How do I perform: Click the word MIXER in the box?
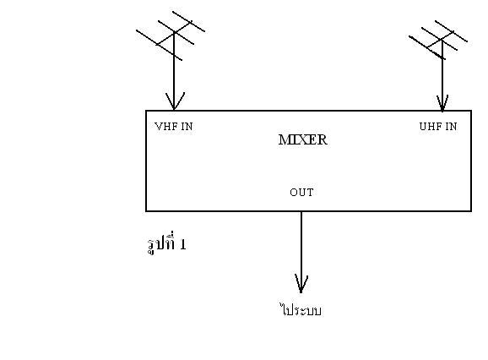point(303,139)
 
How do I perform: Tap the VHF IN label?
point(174,127)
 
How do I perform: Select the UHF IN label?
point(438,127)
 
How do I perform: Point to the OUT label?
point(301,193)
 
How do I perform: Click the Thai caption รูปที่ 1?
point(167,243)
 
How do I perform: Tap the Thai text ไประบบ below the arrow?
point(301,310)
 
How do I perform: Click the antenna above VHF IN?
point(171,35)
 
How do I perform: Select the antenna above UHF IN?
point(438,40)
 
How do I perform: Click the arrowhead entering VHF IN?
point(175,101)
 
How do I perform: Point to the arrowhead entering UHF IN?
point(442,103)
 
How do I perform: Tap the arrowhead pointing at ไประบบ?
point(301,284)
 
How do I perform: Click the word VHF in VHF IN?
point(166,127)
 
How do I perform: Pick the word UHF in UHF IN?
point(431,127)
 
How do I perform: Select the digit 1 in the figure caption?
point(183,245)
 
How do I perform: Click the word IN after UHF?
point(452,127)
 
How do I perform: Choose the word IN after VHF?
point(187,127)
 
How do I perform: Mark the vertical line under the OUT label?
point(301,252)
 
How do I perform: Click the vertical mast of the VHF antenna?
point(174,71)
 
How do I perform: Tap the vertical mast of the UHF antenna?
point(442,75)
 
